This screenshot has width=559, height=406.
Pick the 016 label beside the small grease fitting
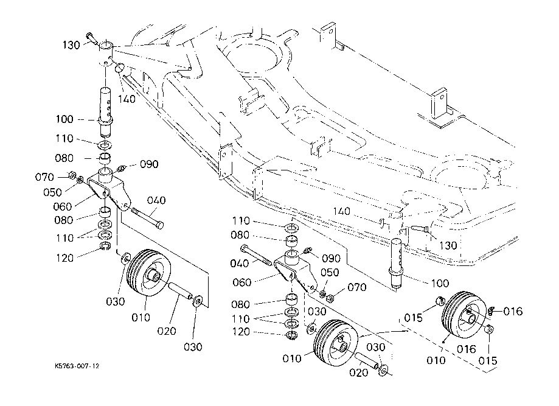coord(513,312)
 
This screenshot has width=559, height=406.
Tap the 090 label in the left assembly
coord(150,164)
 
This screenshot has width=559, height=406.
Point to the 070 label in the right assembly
coord(357,287)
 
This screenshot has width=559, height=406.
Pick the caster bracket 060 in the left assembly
coord(110,187)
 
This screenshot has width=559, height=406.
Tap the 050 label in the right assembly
coord(329,272)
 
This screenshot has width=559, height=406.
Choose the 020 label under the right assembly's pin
coord(360,373)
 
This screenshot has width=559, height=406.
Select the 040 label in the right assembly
coord(240,264)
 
